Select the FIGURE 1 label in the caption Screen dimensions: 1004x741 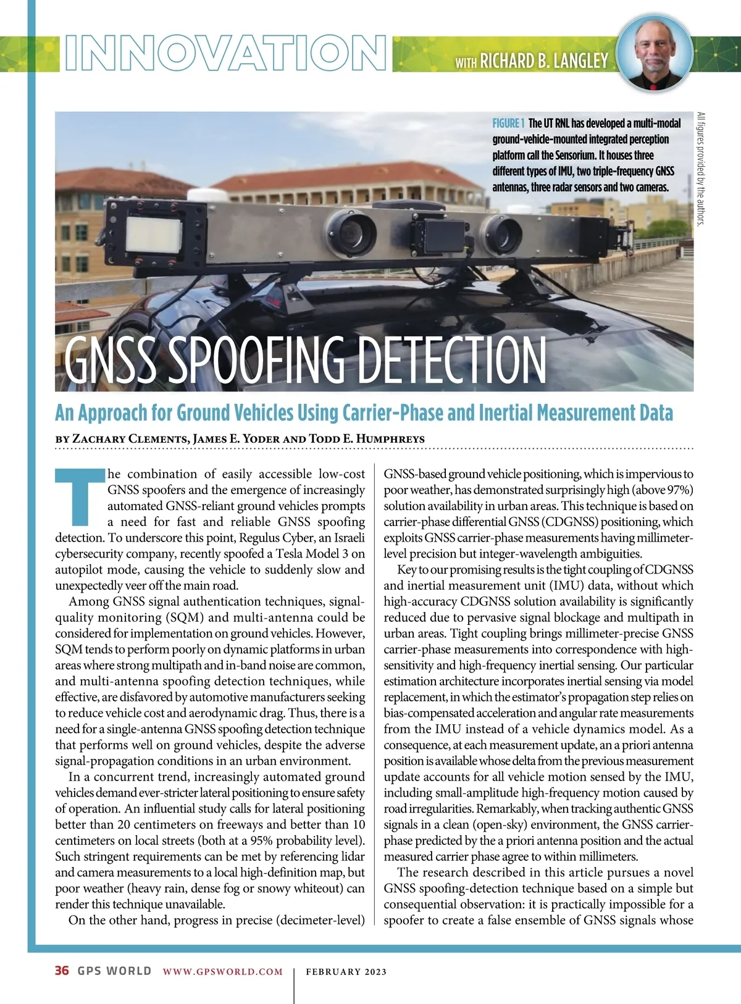point(508,123)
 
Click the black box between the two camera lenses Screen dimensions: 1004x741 point(440,235)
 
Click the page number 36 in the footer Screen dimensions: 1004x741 point(62,971)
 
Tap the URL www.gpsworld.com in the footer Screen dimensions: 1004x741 point(223,971)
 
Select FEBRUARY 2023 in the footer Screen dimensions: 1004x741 point(346,971)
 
